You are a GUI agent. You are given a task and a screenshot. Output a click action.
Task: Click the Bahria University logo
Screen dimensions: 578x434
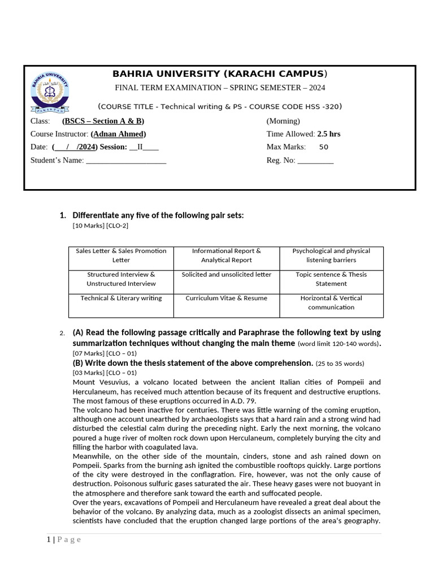click(50, 92)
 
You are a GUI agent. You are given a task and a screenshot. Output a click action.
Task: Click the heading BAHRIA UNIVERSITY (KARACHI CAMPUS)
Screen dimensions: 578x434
click(219, 74)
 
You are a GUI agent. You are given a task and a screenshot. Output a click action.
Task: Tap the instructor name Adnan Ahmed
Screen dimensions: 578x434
click(118, 134)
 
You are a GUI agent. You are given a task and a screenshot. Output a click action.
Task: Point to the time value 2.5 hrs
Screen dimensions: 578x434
click(329, 134)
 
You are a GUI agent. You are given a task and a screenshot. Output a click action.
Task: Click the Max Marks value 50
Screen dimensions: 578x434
click(323, 147)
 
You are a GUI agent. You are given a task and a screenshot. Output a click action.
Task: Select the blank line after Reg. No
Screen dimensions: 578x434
click(315, 161)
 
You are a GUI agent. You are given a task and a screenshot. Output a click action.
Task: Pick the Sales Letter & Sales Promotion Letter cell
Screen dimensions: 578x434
click(121, 256)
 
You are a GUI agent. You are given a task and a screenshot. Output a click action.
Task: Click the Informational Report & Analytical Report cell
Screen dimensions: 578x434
click(226, 256)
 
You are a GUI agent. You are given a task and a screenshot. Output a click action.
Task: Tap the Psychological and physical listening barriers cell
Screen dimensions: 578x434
click(331, 256)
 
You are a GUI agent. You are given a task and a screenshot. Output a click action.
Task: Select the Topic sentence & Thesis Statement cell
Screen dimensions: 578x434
click(331, 279)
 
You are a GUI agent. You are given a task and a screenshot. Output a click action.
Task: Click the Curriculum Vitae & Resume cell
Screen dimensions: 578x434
click(226, 298)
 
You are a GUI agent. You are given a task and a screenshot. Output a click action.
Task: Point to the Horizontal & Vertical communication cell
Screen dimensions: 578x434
click(331, 303)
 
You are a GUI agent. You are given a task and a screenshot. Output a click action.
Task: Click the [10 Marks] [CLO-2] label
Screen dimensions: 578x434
click(101, 226)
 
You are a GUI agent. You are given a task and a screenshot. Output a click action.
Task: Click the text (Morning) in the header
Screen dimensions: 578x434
click(283, 121)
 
